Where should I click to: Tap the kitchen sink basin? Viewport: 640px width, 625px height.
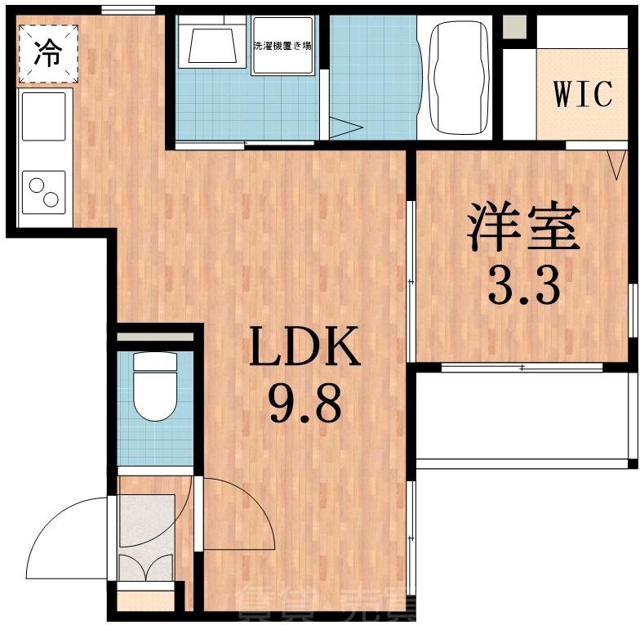[x=44, y=117]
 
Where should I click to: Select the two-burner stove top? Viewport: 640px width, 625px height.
[x=44, y=192]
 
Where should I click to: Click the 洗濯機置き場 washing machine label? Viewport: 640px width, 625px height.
[x=281, y=46]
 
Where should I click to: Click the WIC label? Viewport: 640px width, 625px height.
[x=582, y=94]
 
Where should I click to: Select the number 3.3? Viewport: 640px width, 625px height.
[x=523, y=285]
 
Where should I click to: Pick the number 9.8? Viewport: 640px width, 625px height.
[x=304, y=404]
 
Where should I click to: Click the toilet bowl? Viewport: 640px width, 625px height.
[x=155, y=388]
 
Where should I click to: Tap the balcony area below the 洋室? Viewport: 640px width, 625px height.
[x=522, y=416]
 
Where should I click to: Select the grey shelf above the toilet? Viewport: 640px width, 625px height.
[x=156, y=336]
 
